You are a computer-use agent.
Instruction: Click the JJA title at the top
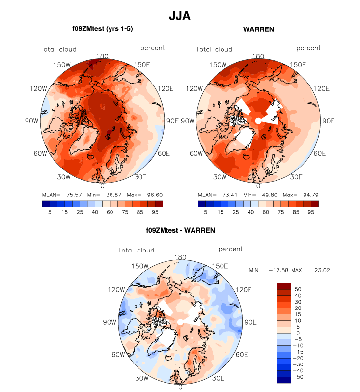coord(179,16)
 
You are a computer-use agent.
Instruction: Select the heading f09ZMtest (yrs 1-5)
coord(103,29)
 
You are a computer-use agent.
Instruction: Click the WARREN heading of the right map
coord(258,29)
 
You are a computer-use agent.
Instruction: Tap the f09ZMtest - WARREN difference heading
coord(181,230)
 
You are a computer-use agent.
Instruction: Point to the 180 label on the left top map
coord(103,56)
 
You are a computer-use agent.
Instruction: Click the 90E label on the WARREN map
coord(328,121)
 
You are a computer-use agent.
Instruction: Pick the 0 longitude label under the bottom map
coord(181,387)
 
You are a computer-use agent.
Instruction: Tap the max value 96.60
coord(155,195)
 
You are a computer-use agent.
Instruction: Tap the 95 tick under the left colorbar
coord(155,212)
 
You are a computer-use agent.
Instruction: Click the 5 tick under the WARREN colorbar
coord(205,212)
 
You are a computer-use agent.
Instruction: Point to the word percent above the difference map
coord(231,249)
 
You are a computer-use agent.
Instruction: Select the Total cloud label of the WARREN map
coord(214,49)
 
